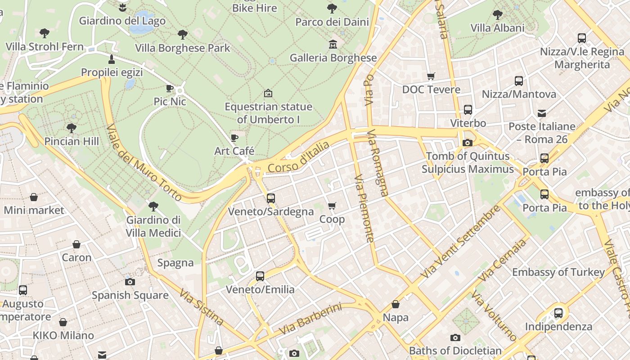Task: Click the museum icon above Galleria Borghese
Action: coord(333,44)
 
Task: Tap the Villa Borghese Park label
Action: coord(182,48)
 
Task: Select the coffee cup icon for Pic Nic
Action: coord(170,88)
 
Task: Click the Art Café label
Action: coord(234,151)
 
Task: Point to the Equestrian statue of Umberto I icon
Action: coord(268,93)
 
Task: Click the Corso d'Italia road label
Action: coord(298,158)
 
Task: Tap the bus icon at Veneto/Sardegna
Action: coord(271,198)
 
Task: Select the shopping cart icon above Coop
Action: coord(332,206)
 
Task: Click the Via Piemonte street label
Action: coord(364,208)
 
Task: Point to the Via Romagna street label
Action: coord(378,163)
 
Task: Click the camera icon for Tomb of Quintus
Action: coord(468,143)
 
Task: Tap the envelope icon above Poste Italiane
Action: coord(541,113)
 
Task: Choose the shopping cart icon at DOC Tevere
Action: coord(431,76)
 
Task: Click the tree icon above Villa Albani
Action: coord(497,14)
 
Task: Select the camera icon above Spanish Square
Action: coord(130,282)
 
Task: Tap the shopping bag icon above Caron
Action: coord(76,244)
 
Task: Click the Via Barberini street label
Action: coord(310,319)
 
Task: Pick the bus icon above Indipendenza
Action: coord(558,313)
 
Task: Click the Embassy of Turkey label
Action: coord(558,272)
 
